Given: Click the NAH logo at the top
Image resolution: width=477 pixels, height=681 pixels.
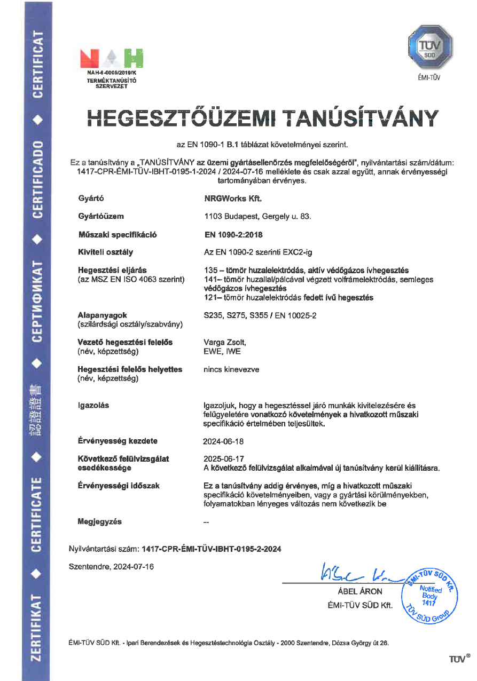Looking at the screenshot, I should click(112, 58).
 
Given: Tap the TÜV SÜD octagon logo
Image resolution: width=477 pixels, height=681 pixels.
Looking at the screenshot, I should click(431, 47).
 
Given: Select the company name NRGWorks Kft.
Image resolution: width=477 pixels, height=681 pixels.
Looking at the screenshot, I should click(230, 199).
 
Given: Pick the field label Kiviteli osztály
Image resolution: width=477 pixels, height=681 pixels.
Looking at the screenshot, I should click(105, 252).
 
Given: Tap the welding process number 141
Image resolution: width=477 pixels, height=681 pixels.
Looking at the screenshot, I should click(210, 279).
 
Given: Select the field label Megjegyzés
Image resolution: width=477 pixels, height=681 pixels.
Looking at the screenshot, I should click(99, 521).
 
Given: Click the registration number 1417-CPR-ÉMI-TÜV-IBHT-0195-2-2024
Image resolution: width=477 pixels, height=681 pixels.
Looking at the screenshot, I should click(211, 549).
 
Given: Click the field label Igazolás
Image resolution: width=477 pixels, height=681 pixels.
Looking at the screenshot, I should click(93, 405).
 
